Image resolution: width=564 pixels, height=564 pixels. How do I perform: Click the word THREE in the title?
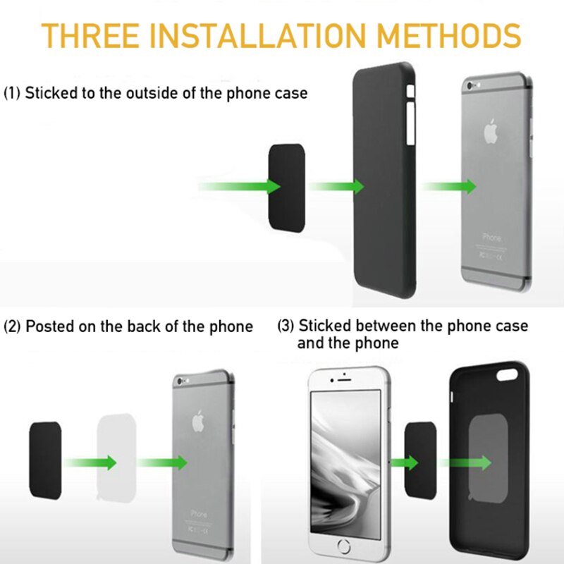(90, 36)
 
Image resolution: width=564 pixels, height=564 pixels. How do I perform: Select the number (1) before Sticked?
(12, 93)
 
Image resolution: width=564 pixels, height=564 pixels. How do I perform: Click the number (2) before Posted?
(12, 326)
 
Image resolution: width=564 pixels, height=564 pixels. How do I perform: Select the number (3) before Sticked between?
(286, 326)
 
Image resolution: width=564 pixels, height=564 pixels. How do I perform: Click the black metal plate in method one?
(287, 188)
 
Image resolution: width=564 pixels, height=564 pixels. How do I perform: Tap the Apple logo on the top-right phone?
(490, 131)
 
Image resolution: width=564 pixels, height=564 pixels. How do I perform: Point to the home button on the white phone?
(344, 546)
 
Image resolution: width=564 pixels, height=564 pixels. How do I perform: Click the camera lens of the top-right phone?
(469, 86)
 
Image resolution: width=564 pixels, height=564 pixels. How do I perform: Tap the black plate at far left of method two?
(45, 460)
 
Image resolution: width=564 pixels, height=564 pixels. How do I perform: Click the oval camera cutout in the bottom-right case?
(507, 375)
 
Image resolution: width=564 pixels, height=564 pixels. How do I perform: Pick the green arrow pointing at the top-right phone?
(449, 186)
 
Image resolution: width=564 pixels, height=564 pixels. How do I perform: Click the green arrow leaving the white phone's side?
(403, 462)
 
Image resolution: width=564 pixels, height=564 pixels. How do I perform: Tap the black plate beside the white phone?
(420, 460)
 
